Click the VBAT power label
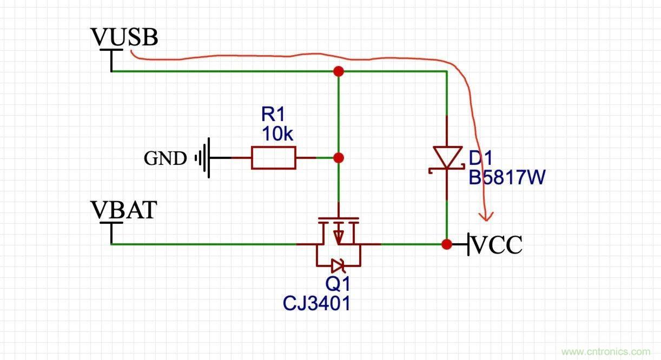[x=123, y=210]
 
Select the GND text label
[x=165, y=158]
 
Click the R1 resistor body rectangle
[x=274, y=158]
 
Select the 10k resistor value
[x=277, y=134]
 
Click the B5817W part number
[x=506, y=177]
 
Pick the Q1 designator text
[x=338, y=284]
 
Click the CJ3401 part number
[x=316, y=303]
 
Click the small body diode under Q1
[x=338, y=265]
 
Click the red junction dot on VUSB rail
[x=339, y=71]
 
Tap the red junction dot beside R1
[x=339, y=158]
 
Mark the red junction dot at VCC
[x=446, y=244]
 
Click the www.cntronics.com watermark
[x=606, y=352]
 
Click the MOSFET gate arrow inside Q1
[x=339, y=236]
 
